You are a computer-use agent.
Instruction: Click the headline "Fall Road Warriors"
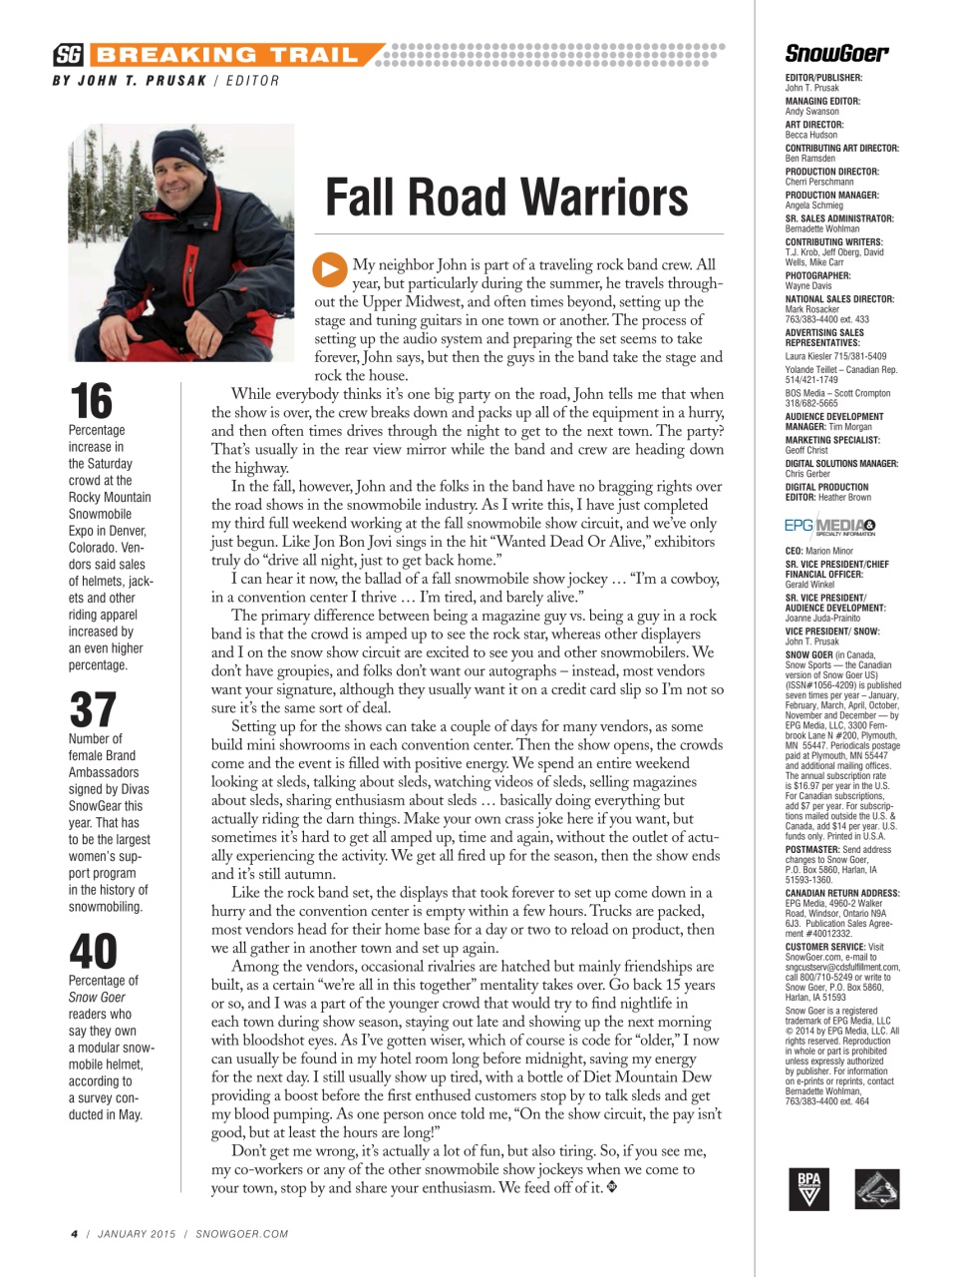pos(506,197)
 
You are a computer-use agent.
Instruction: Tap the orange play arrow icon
pos(329,269)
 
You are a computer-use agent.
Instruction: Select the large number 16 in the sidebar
pos(91,402)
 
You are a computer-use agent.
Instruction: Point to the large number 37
pos(93,710)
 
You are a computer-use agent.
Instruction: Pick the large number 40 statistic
pos(93,952)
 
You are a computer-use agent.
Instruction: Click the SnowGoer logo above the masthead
pos(836,53)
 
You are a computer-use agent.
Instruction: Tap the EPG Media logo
pos(829,526)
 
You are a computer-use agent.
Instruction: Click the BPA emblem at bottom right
pos(808,1188)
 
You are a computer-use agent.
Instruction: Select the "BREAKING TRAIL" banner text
pos(226,55)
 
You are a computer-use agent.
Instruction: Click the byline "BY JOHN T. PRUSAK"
pos(130,81)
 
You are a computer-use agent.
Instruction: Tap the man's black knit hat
pos(179,149)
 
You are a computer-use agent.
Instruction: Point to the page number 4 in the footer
pos(74,1234)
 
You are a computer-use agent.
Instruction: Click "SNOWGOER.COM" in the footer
pos(242,1234)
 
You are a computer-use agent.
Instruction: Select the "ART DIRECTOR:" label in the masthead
pos(814,125)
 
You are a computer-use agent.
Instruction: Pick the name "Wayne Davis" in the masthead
pos(808,285)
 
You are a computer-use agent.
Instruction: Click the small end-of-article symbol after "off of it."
pos(612,1187)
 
